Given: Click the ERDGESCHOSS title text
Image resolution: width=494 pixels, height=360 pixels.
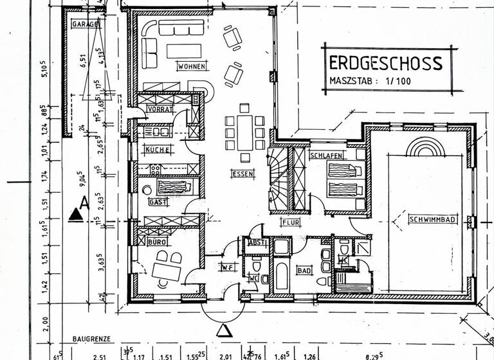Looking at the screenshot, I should pyautogui.click(x=385, y=63).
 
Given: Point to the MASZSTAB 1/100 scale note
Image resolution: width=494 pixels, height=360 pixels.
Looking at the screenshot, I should pyautogui.click(x=369, y=82).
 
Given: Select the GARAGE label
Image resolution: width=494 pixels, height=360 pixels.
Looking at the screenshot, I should pyautogui.click(x=86, y=24).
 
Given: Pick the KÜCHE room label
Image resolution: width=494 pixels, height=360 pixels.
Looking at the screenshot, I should pyautogui.click(x=158, y=150).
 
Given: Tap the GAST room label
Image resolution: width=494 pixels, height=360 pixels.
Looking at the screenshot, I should pyautogui.click(x=158, y=202).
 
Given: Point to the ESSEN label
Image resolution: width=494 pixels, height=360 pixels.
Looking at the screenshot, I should pyautogui.click(x=244, y=174).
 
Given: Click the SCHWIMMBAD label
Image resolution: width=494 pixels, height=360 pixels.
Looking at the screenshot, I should pyautogui.click(x=432, y=220).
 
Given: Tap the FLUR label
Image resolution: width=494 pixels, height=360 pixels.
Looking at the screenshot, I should pyautogui.click(x=291, y=223).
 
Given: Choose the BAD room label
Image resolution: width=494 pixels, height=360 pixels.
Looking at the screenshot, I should pyautogui.click(x=304, y=271).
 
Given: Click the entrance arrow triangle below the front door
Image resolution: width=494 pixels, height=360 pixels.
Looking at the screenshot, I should pyautogui.click(x=224, y=330).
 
